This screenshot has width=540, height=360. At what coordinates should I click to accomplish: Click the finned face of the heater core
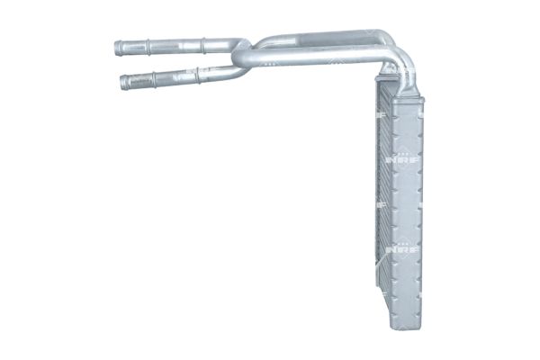(384, 198)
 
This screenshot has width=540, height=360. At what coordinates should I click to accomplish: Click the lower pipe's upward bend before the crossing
(236, 70)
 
